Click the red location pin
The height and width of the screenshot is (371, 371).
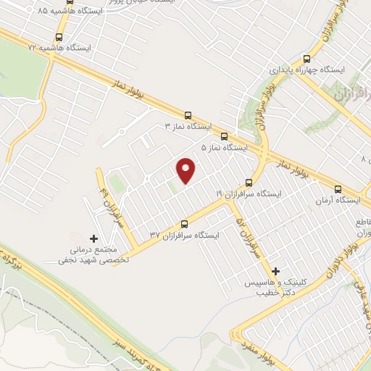(x=187, y=170)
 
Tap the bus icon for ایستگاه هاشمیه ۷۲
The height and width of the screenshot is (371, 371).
(x=59, y=36)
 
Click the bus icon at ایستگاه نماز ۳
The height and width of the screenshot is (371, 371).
(x=188, y=114)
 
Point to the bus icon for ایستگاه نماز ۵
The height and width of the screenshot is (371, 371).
(x=224, y=136)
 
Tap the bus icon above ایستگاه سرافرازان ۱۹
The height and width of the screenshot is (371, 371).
(x=249, y=183)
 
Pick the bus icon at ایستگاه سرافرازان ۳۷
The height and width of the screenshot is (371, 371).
(x=184, y=224)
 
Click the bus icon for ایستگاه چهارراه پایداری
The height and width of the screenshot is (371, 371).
(x=307, y=59)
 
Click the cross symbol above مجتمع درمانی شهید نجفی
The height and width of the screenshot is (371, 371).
(x=93, y=238)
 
